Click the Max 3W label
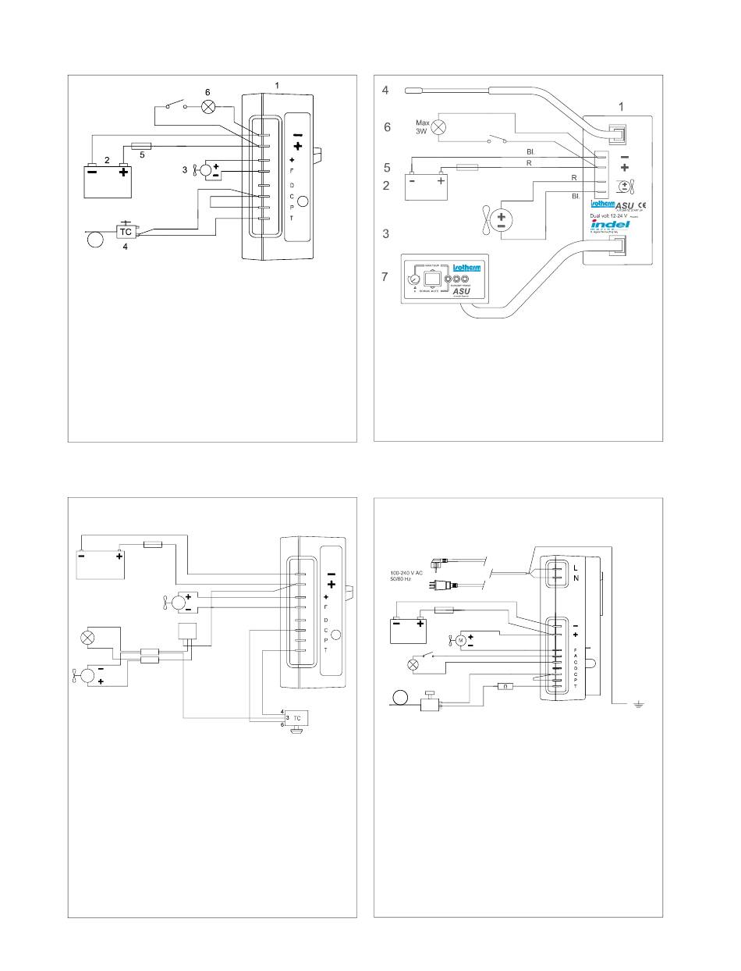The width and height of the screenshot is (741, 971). click(x=423, y=126)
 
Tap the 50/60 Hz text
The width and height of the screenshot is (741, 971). click(x=403, y=581)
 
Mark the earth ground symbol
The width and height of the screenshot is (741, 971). click(x=638, y=705)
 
